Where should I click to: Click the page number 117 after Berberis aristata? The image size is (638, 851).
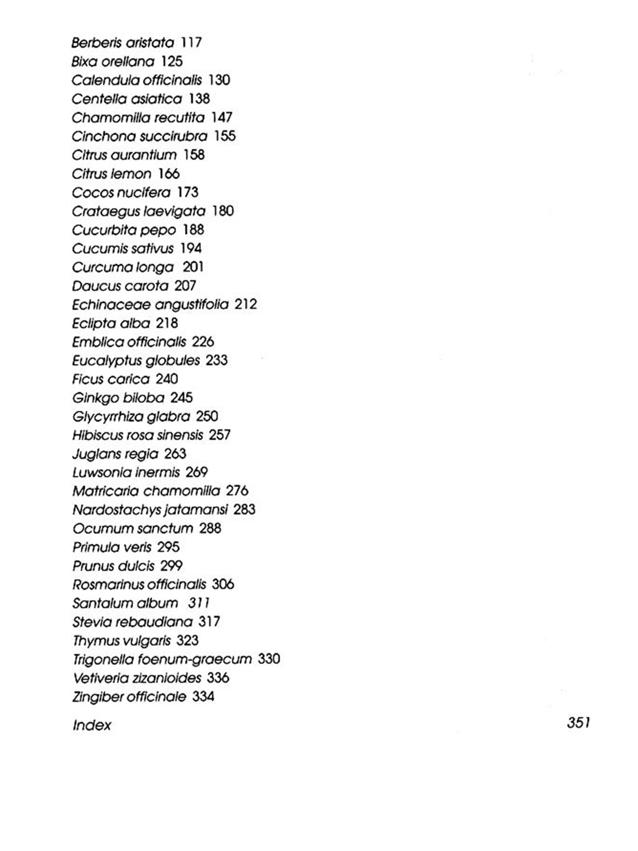(x=191, y=43)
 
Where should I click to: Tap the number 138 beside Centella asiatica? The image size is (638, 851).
(x=199, y=99)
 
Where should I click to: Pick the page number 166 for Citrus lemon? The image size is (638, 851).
(x=169, y=174)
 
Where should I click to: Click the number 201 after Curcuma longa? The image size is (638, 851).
(x=193, y=267)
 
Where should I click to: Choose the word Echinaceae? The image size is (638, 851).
(x=111, y=305)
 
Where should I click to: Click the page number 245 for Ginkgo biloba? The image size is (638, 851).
(x=182, y=398)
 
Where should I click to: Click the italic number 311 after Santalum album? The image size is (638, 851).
(x=199, y=603)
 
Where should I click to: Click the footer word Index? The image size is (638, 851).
(x=92, y=725)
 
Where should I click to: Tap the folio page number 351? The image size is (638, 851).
(x=578, y=722)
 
